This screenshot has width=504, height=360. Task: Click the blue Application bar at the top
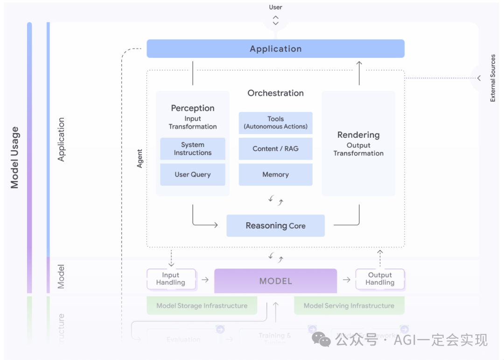coord(275,49)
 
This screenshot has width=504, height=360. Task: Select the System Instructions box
coord(192,149)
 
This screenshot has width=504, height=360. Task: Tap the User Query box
coord(192,175)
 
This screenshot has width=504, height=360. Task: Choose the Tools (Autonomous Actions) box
coord(275,123)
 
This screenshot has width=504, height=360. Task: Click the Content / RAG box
coord(275,149)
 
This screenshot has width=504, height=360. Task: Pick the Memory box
coord(275,175)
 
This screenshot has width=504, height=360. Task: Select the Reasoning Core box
coord(275,226)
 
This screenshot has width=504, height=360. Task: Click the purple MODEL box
coord(275,281)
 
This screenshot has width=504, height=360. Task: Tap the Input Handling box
coord(171,279)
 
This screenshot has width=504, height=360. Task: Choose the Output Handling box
coord(380,279)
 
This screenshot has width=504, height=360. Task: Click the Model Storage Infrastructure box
coord(202,306)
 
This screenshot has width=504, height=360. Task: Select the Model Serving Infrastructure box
coord(349,306)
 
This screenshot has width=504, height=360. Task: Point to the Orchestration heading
coord(275,93)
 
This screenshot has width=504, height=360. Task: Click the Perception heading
coord(192,108)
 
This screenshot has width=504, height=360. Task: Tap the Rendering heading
coord(358,135)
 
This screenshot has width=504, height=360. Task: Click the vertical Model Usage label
coord(15,157)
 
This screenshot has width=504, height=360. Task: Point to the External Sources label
coord(493,78)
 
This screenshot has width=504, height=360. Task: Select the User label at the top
coord(275,7)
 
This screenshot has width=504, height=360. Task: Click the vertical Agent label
coord(140,159)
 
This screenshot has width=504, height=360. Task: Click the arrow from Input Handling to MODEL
coord(205,280)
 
